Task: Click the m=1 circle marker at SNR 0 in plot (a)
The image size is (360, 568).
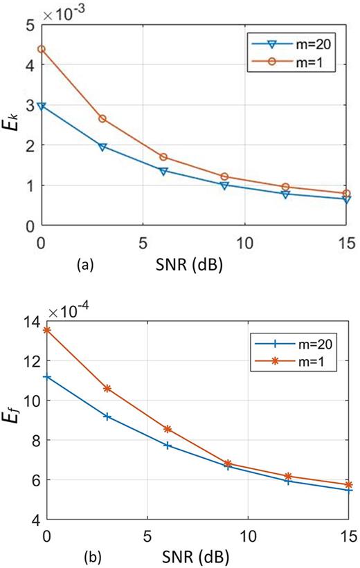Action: tap(42, 49)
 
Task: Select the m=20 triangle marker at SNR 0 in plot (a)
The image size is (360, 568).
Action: tap(42, 107)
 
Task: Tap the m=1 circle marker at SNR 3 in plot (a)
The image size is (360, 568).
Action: tap(102, 118)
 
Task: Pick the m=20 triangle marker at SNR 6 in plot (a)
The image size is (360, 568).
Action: tap(163, 171)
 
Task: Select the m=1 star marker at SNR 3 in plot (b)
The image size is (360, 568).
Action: tap(107, 389)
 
